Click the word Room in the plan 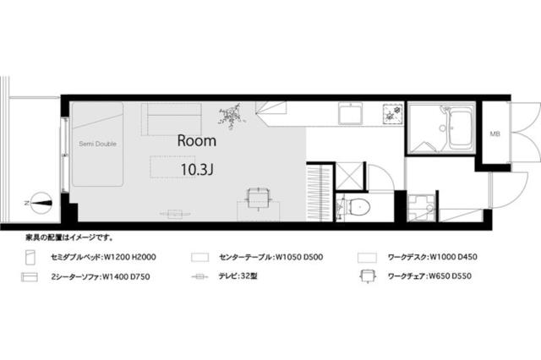point(196,142)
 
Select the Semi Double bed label point(98,144)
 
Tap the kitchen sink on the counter point(349,113)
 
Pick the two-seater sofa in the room point(172,118)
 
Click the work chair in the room point(259,197)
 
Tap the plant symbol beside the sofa point(231,113)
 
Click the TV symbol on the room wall point(175,213)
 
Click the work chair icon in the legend point(367,275)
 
